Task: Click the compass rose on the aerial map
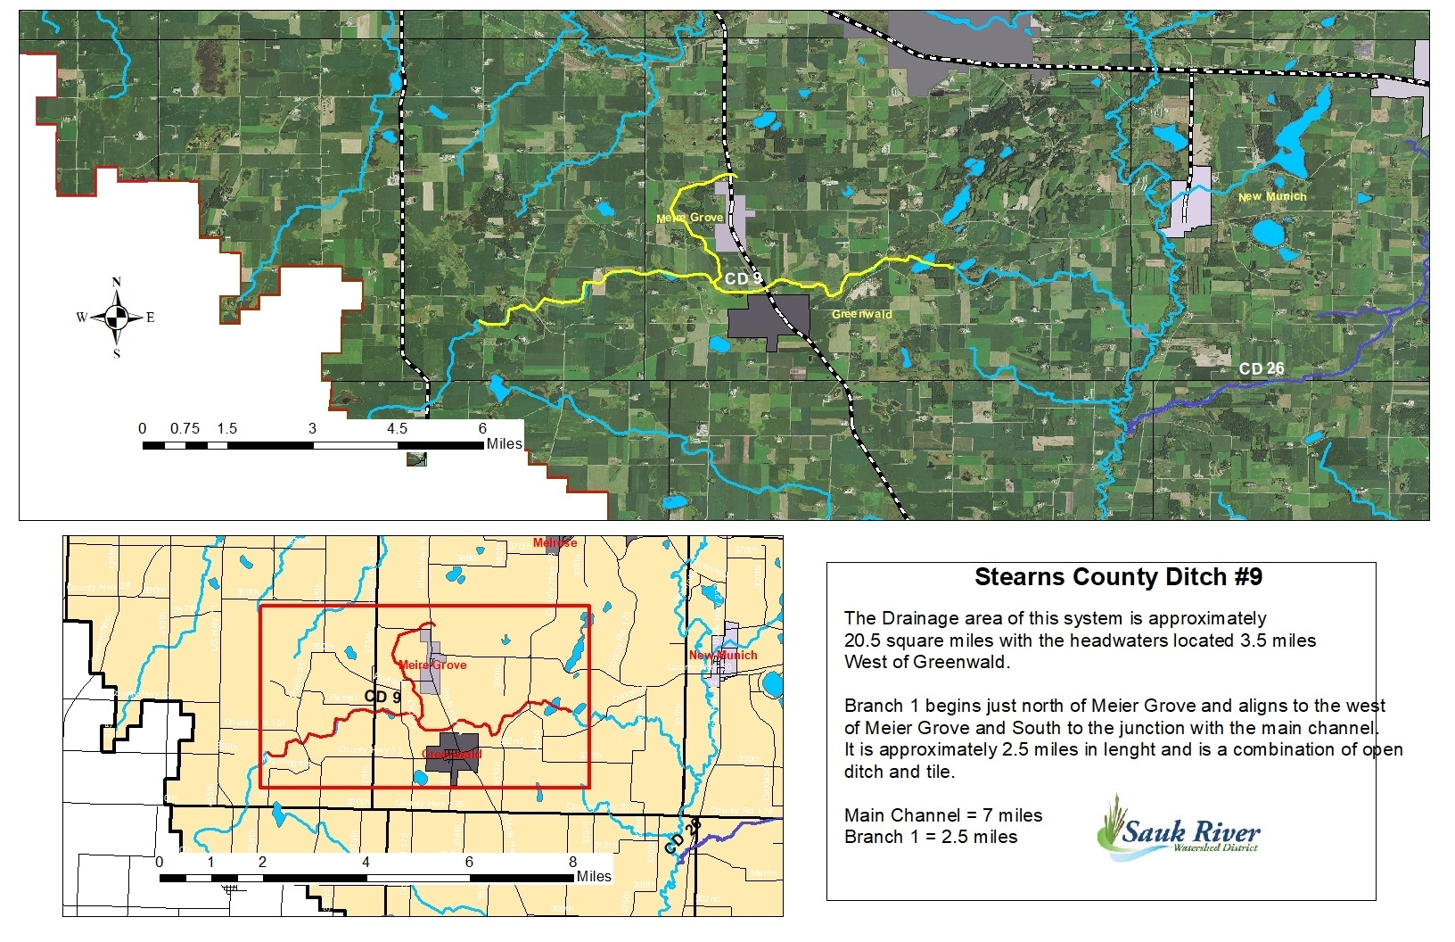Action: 116,317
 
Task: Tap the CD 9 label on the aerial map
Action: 743,279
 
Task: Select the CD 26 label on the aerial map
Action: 1262,368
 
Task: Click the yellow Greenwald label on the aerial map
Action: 861,314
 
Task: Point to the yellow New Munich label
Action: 1272,196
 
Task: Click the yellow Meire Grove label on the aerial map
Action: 689,218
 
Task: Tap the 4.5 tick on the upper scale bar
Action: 397,429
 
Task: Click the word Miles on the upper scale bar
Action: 505,443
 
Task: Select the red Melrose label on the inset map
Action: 555,542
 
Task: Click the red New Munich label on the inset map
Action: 722,656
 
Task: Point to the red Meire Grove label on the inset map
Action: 432,665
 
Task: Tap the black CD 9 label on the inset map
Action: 382,696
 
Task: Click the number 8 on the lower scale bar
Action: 572,862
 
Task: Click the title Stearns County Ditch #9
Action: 1118,577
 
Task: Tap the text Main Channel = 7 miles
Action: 942,815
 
